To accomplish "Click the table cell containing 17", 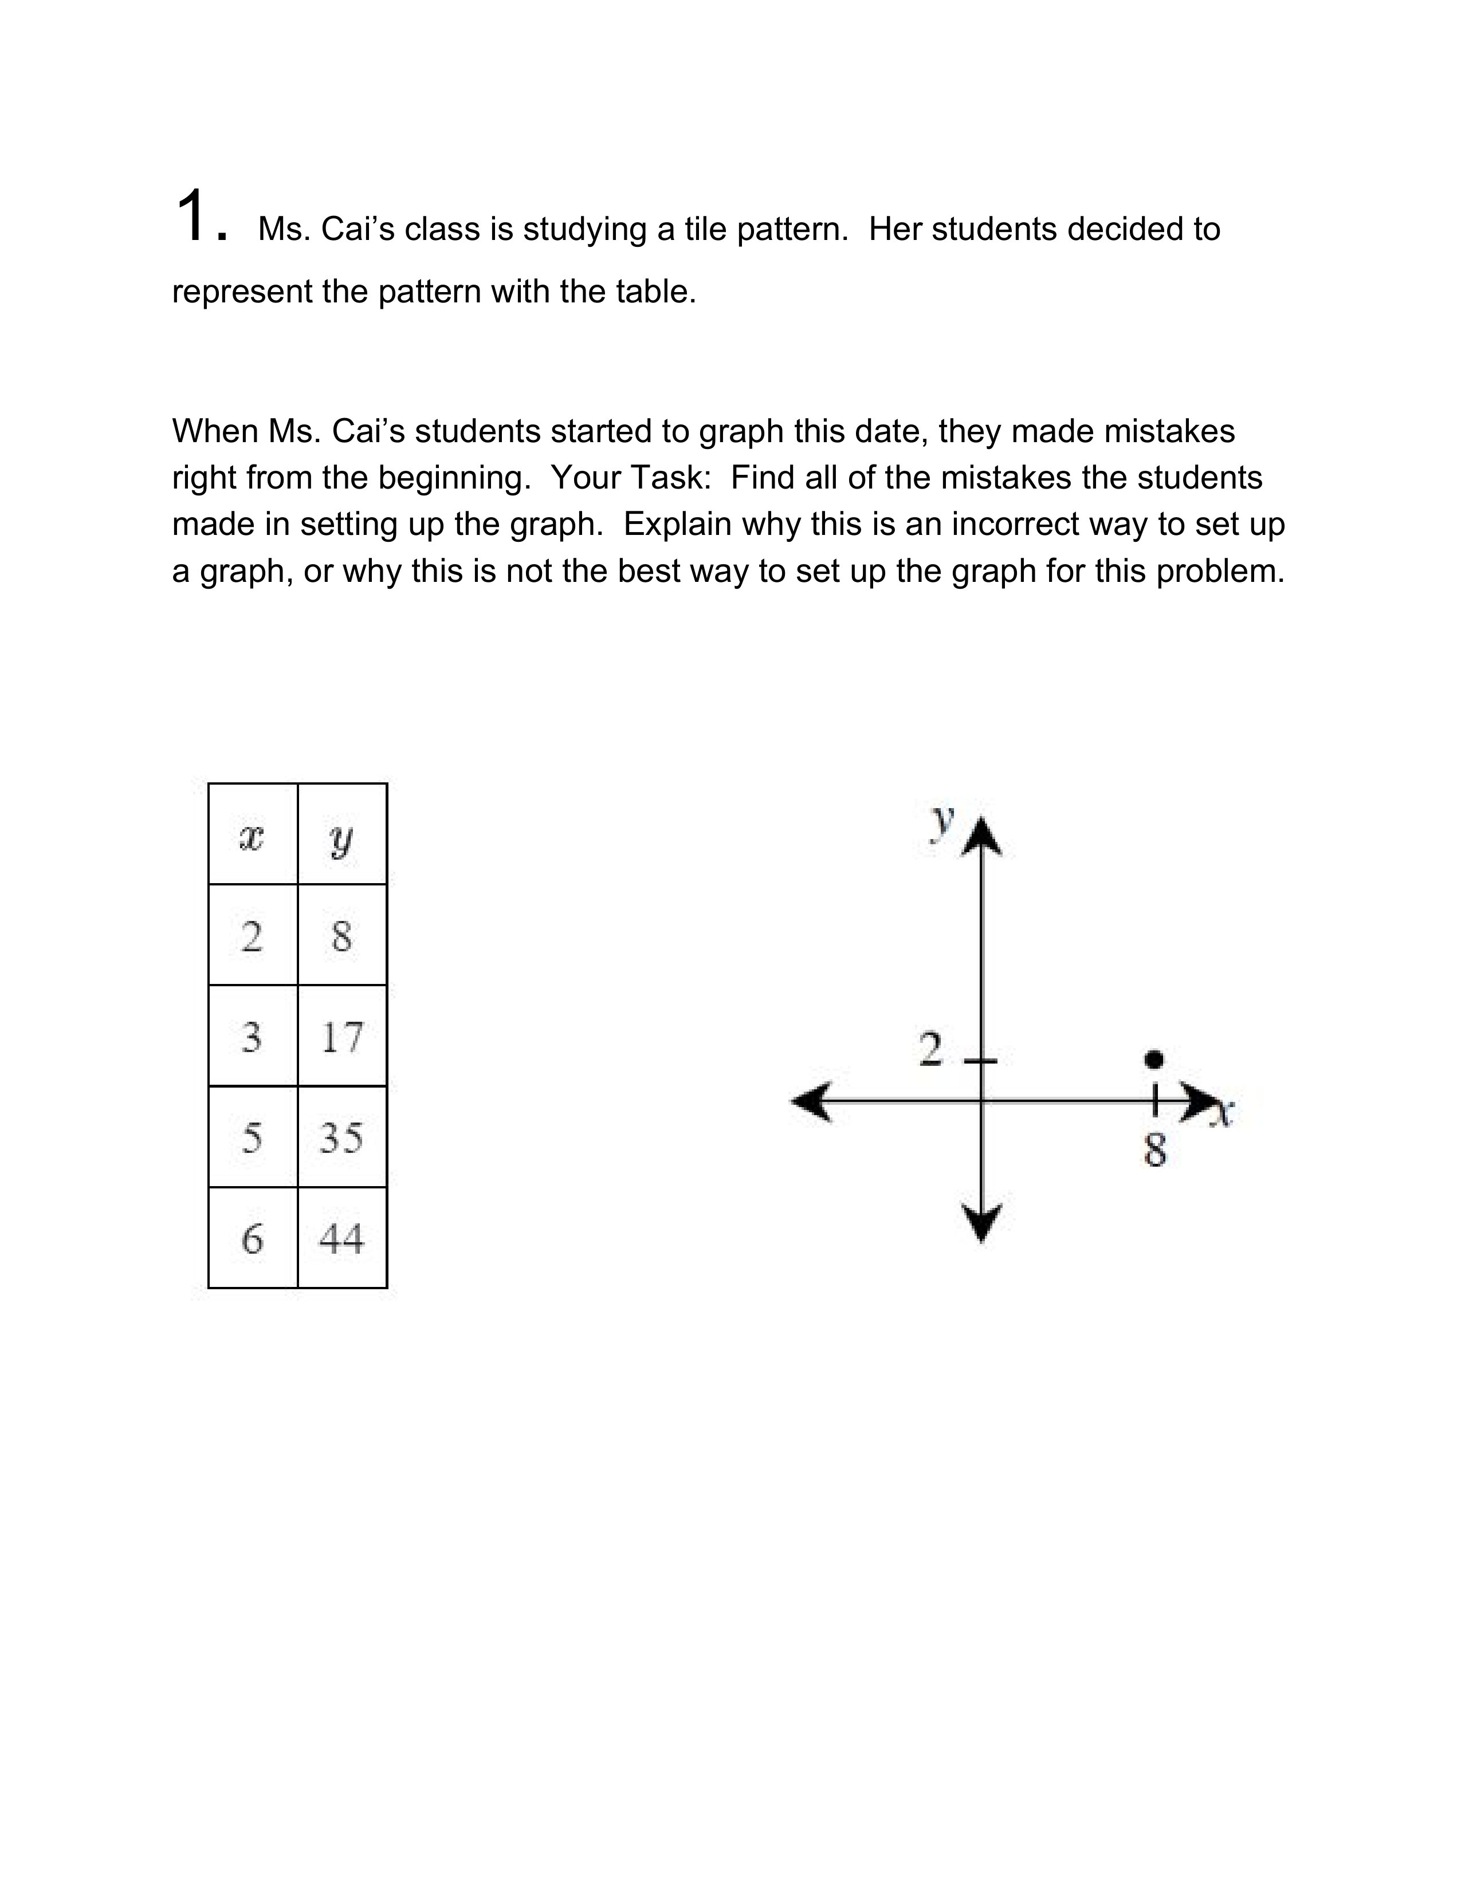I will (342, 1036).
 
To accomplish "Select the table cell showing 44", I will (342, 1238).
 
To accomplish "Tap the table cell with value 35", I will (342, 1136).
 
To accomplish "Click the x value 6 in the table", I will (252, 1238).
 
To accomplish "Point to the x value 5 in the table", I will (252, 1136).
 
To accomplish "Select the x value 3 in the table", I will (252, 1036).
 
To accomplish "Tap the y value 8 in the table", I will (342, 935).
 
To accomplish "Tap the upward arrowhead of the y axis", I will (981, 835).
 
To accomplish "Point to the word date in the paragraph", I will (892, 431).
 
